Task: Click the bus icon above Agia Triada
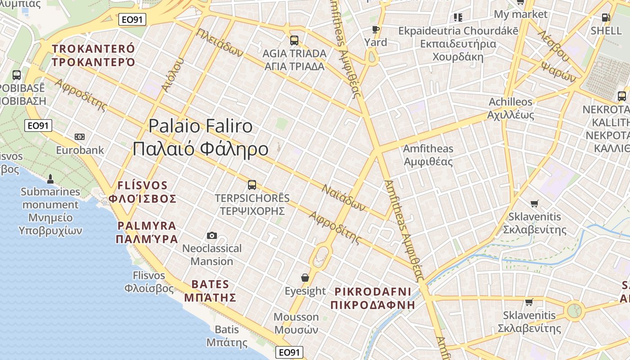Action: [294, 40]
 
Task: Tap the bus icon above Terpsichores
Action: [252, 185]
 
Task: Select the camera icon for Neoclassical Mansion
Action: [212, 235]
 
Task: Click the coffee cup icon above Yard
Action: [376, 30]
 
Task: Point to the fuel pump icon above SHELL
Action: [606, 18]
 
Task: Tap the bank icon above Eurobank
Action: [80, 137]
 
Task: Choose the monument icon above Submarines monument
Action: [50, 179]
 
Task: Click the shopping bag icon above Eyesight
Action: [305, 278]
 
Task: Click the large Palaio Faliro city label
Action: [201, 137]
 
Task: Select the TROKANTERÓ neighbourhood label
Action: [94, 55]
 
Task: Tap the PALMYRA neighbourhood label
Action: [147, 232]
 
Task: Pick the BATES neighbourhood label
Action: [210, 291]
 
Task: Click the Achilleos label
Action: [511, 108]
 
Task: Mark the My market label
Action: [521, 14]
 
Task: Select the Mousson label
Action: [296, 323]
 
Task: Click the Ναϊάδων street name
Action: [343, 197]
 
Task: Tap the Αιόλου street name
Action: [173, 75]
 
